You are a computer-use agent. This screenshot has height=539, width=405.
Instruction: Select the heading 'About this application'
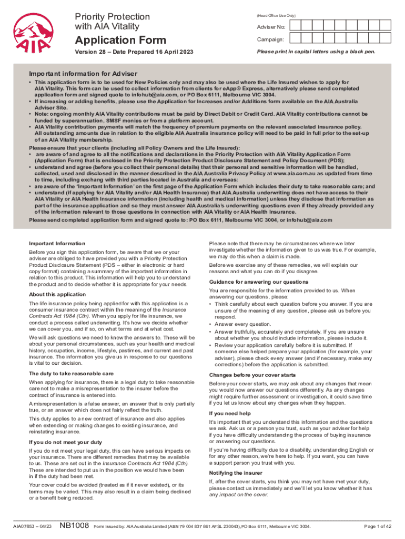tap(57, 294)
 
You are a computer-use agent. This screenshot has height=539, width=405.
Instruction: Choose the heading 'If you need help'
tap(230, 414)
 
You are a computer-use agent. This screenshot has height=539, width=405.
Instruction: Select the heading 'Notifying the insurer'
tap(237, 473)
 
